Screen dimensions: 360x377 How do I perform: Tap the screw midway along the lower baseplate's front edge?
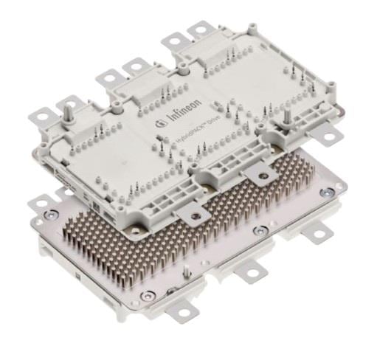(256, 230)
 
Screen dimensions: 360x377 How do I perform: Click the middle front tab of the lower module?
(252, 275)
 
